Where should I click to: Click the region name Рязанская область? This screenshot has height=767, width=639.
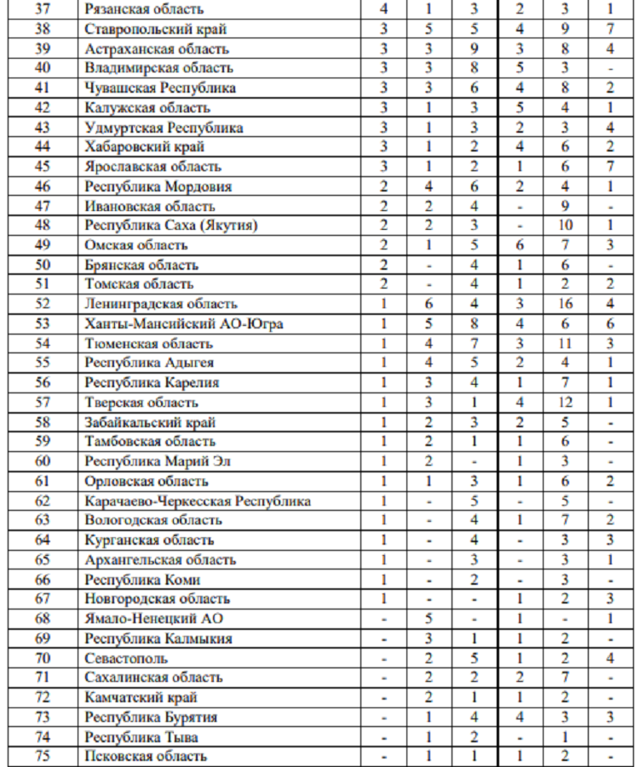[x=145, y=9]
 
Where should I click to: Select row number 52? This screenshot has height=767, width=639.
[x=43, y=304]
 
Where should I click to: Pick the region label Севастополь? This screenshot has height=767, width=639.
[x=127, y=658]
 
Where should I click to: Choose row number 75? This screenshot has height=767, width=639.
[x=43, y=756]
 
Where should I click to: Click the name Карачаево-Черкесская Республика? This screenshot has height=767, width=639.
[x=198, y=501]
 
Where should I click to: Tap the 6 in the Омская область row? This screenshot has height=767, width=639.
[x=521, y=245]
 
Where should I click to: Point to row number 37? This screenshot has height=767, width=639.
[x=43, y=9]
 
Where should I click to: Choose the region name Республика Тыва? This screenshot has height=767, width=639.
[x=141, y=736]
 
